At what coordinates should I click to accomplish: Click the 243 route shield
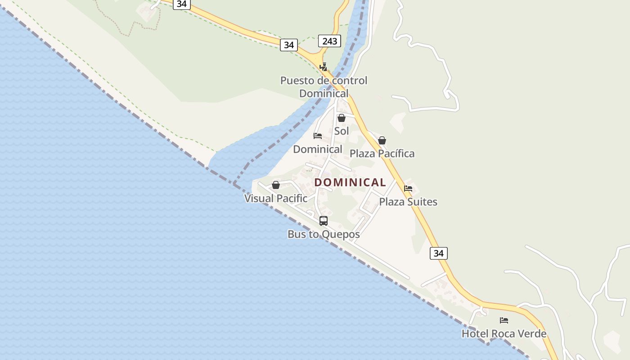329,41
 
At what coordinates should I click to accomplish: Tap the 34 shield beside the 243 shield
288,45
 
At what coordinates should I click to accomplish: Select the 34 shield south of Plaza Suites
438,253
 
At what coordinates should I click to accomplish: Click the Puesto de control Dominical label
324,87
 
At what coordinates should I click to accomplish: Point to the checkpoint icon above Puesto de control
323,67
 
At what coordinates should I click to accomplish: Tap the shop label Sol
342,131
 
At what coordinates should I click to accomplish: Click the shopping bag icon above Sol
342,118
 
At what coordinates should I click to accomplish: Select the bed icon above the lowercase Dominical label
318,135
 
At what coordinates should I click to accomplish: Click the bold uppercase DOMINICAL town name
350,182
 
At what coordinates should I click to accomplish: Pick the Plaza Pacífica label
382,153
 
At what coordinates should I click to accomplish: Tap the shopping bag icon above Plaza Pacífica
382,140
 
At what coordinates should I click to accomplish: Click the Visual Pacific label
276,198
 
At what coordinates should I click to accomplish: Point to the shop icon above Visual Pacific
276,185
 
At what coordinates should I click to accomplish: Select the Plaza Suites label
408,202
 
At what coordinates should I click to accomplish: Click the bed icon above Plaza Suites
408,189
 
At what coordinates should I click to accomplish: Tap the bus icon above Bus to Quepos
324,221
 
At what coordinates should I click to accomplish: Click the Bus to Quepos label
324,234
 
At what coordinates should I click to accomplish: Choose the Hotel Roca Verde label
504,333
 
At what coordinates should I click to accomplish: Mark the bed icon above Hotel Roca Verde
504,320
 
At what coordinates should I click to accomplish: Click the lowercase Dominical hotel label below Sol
318,149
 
